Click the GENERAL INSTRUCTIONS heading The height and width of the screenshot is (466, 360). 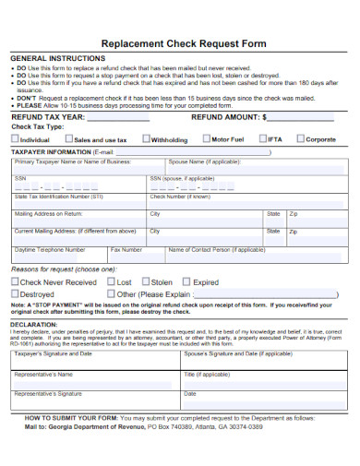[54, 58]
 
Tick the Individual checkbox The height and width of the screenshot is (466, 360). [15, 140]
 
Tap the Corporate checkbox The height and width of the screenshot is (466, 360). [299, 139]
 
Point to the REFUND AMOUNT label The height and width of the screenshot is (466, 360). [226, 118]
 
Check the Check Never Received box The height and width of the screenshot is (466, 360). [15, 282]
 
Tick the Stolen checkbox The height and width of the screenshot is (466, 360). [146, 282]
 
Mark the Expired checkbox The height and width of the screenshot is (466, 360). [188, 282]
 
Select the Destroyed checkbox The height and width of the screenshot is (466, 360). [15, 294]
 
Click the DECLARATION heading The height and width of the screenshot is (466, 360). [34, 325]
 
